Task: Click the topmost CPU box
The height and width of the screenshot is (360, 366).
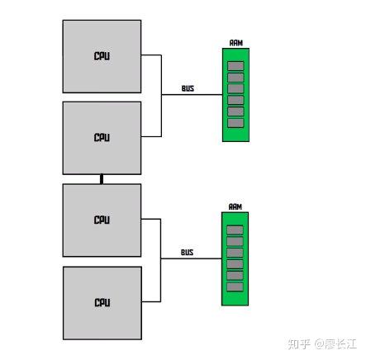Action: (102, 55)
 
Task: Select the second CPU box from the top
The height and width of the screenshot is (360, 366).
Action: (102, 136)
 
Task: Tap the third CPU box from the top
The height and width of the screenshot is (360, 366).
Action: (102, 220)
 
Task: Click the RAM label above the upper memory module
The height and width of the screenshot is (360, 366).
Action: (235, 43)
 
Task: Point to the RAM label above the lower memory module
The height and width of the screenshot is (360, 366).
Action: (235, 206)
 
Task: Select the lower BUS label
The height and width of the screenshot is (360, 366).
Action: (188, 252)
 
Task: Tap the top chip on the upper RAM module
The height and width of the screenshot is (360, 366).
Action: (235, 65)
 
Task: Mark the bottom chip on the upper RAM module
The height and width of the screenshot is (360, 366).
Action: (235, 123)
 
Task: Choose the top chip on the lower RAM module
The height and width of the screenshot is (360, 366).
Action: (235, 229)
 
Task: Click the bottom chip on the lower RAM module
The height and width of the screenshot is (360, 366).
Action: (235, 287)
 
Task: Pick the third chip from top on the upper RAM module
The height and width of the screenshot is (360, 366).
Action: (235, 88)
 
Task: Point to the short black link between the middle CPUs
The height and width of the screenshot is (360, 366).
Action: (102, 178)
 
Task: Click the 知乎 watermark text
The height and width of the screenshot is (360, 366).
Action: (286, 344)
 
